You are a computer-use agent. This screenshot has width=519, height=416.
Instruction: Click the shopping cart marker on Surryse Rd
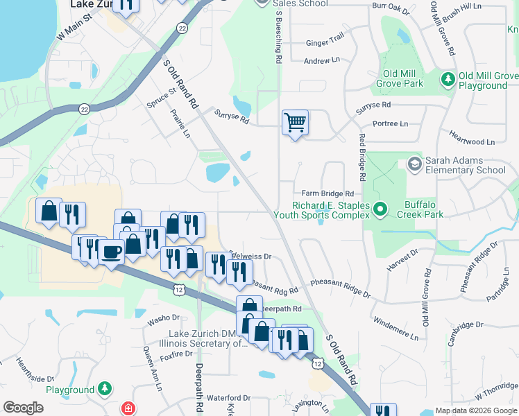(296, 123)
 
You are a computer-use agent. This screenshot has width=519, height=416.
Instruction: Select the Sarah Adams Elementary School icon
(415, 164)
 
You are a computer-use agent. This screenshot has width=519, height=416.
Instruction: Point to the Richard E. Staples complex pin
(380, 208)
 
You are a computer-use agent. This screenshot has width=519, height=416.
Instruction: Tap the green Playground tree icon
(104, 389)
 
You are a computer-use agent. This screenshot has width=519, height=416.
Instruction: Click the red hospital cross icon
(128, 408)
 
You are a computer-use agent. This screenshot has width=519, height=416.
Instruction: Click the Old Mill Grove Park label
(403, 78)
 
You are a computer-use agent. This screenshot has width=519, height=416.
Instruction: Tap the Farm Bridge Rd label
(328, 193)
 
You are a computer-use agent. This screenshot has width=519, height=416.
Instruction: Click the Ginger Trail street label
(325, 42)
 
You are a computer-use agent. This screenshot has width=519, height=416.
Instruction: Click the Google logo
(23, 408)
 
